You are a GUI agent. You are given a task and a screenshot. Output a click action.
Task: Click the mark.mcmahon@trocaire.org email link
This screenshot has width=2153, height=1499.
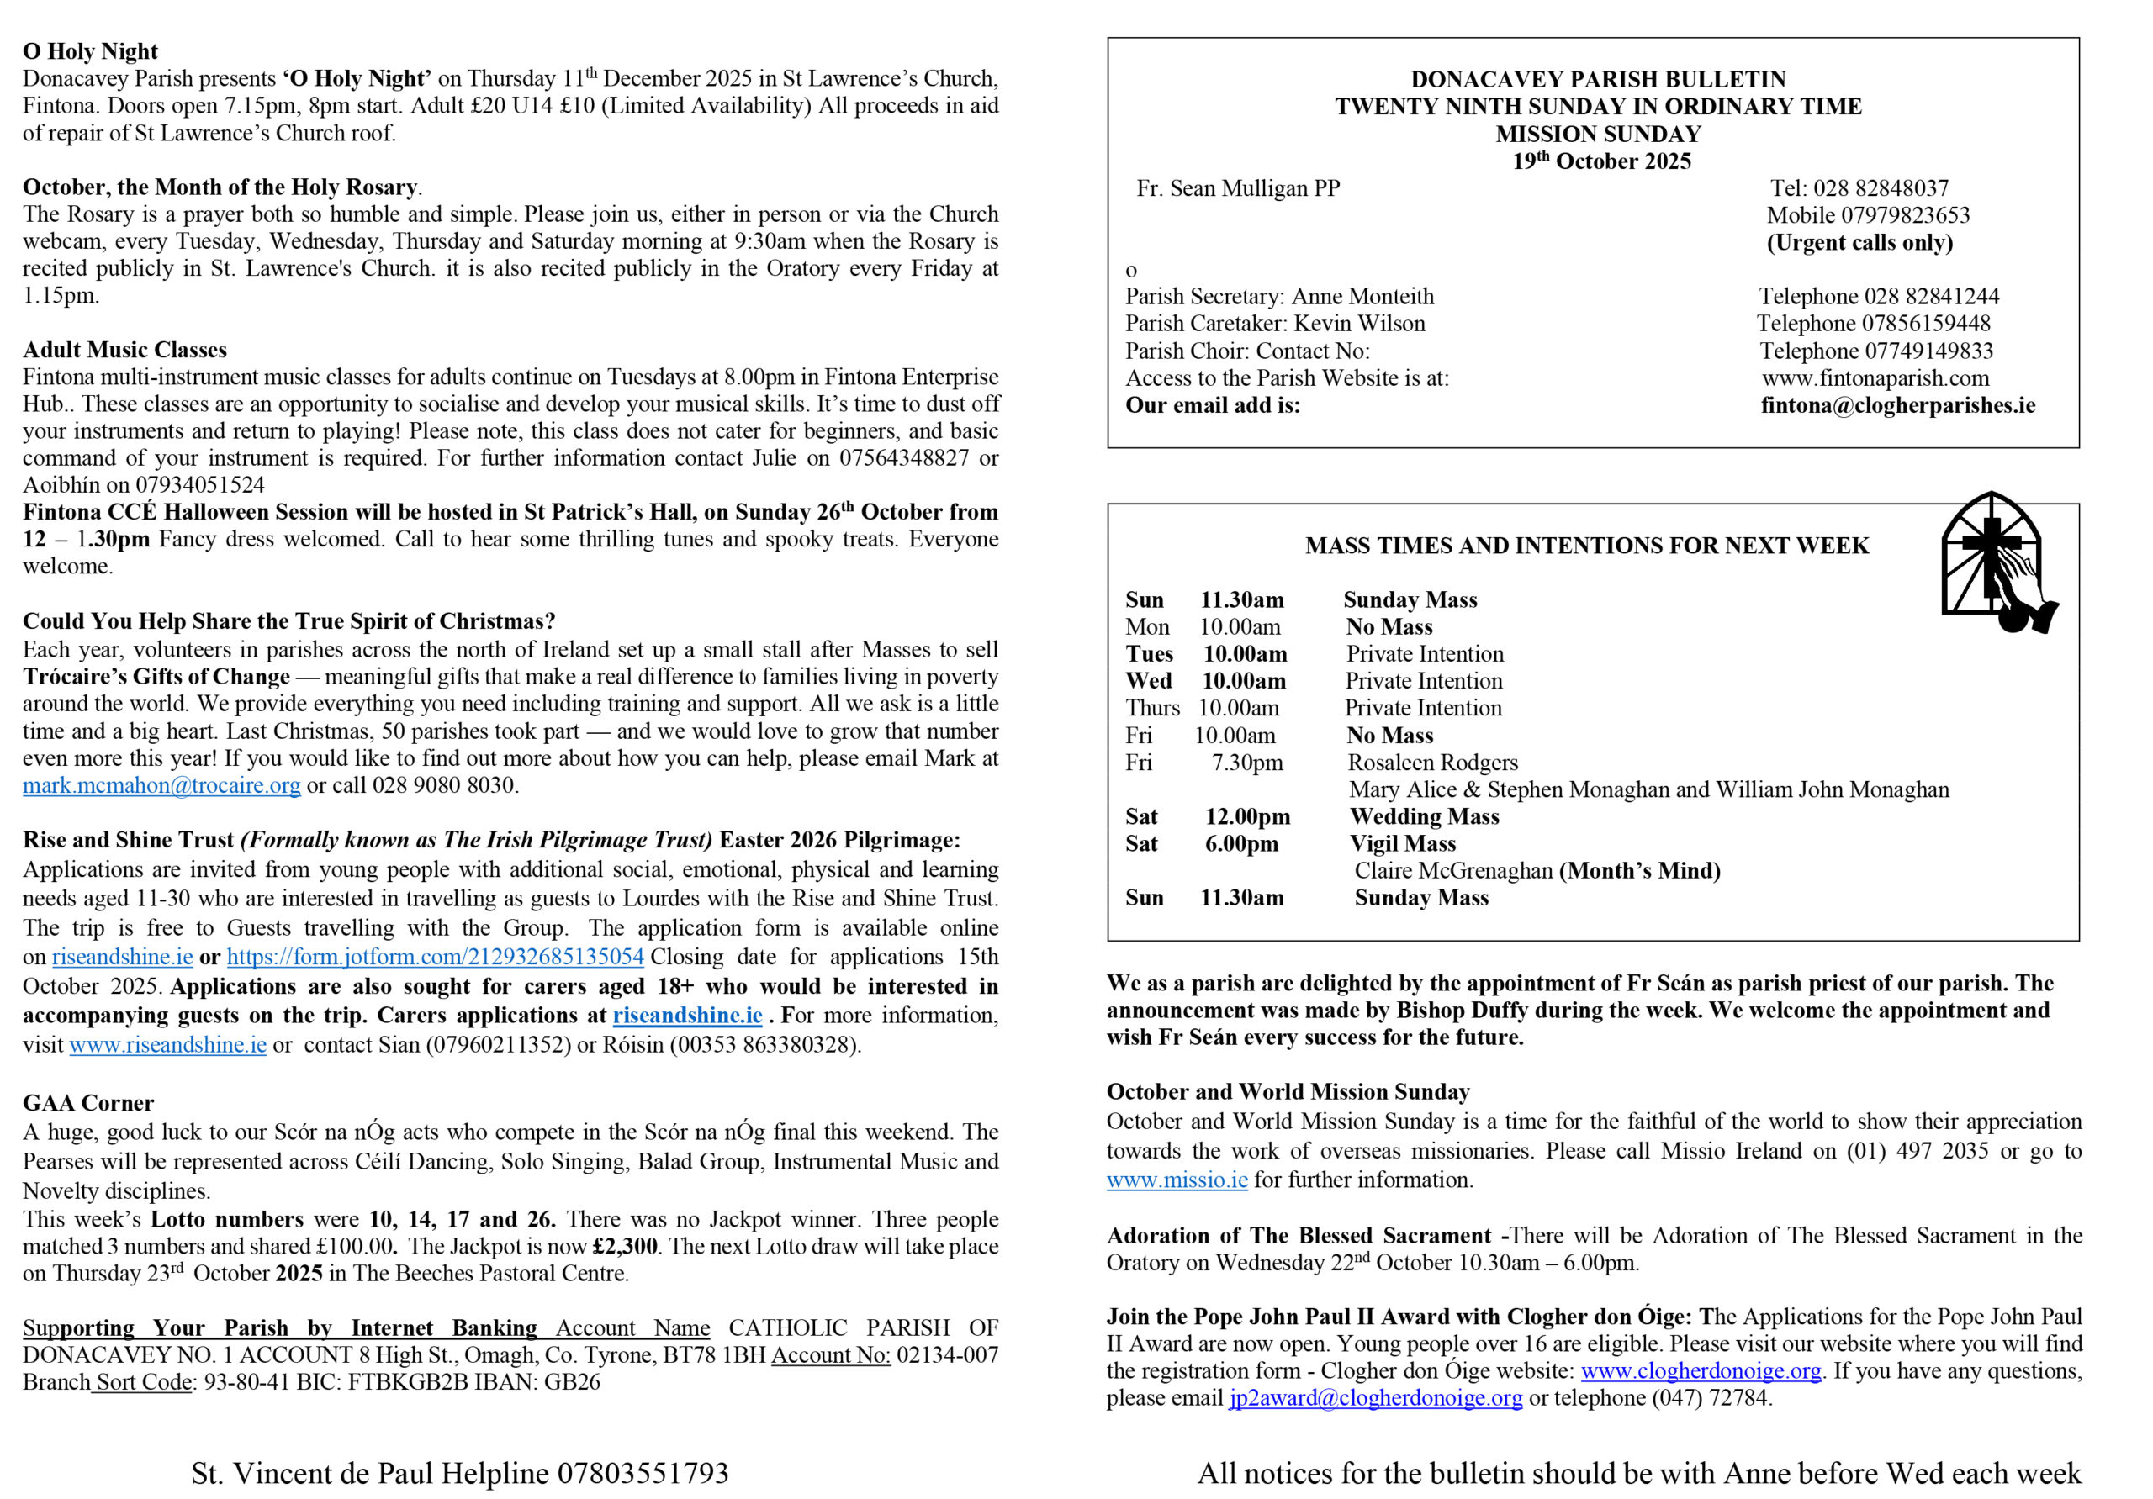tap(161, 785)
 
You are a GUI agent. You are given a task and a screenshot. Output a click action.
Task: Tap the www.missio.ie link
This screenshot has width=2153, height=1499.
tap(1177, 1180)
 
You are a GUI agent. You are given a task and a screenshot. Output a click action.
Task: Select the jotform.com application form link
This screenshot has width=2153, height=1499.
tap(435, 957)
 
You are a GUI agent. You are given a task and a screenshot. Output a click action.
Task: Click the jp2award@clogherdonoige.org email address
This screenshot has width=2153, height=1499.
tap(1376, 1399)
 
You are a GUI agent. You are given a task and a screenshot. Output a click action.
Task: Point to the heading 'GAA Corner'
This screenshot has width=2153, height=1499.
tap(88, 1103)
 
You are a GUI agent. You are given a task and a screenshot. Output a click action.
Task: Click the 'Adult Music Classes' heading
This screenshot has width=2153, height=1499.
tap(124, 350)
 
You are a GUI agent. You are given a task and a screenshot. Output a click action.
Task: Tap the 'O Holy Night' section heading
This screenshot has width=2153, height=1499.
tap(90, 51)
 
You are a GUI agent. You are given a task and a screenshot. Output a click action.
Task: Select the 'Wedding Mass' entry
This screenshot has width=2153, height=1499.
tap(1425, 817)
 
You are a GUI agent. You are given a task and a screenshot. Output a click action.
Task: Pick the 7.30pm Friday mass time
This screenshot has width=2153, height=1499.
tap(1247, 763)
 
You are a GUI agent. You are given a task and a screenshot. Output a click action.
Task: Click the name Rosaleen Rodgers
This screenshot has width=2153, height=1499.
tap(1433, 763)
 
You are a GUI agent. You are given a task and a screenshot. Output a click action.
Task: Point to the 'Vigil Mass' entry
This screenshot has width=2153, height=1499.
tap(1403, 845)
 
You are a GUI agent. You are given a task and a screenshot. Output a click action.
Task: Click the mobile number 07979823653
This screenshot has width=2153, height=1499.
tap(1906, 215)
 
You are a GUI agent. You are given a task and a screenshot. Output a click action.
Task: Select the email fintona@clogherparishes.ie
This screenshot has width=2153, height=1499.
tap(1898, 406)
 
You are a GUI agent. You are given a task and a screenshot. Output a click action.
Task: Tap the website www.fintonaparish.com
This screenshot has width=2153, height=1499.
tap(1875, 378)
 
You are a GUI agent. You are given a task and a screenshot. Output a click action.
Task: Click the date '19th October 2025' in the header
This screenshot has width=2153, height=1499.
tap(1601, 161)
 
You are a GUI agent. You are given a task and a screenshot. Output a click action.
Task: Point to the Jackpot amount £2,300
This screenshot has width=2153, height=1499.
tap(626, 1247)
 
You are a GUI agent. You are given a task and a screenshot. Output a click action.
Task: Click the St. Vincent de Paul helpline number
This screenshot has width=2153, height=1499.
tap(643, 1474)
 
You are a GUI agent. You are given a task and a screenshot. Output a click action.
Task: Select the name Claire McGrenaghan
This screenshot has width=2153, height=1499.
tap(1453, 871)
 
